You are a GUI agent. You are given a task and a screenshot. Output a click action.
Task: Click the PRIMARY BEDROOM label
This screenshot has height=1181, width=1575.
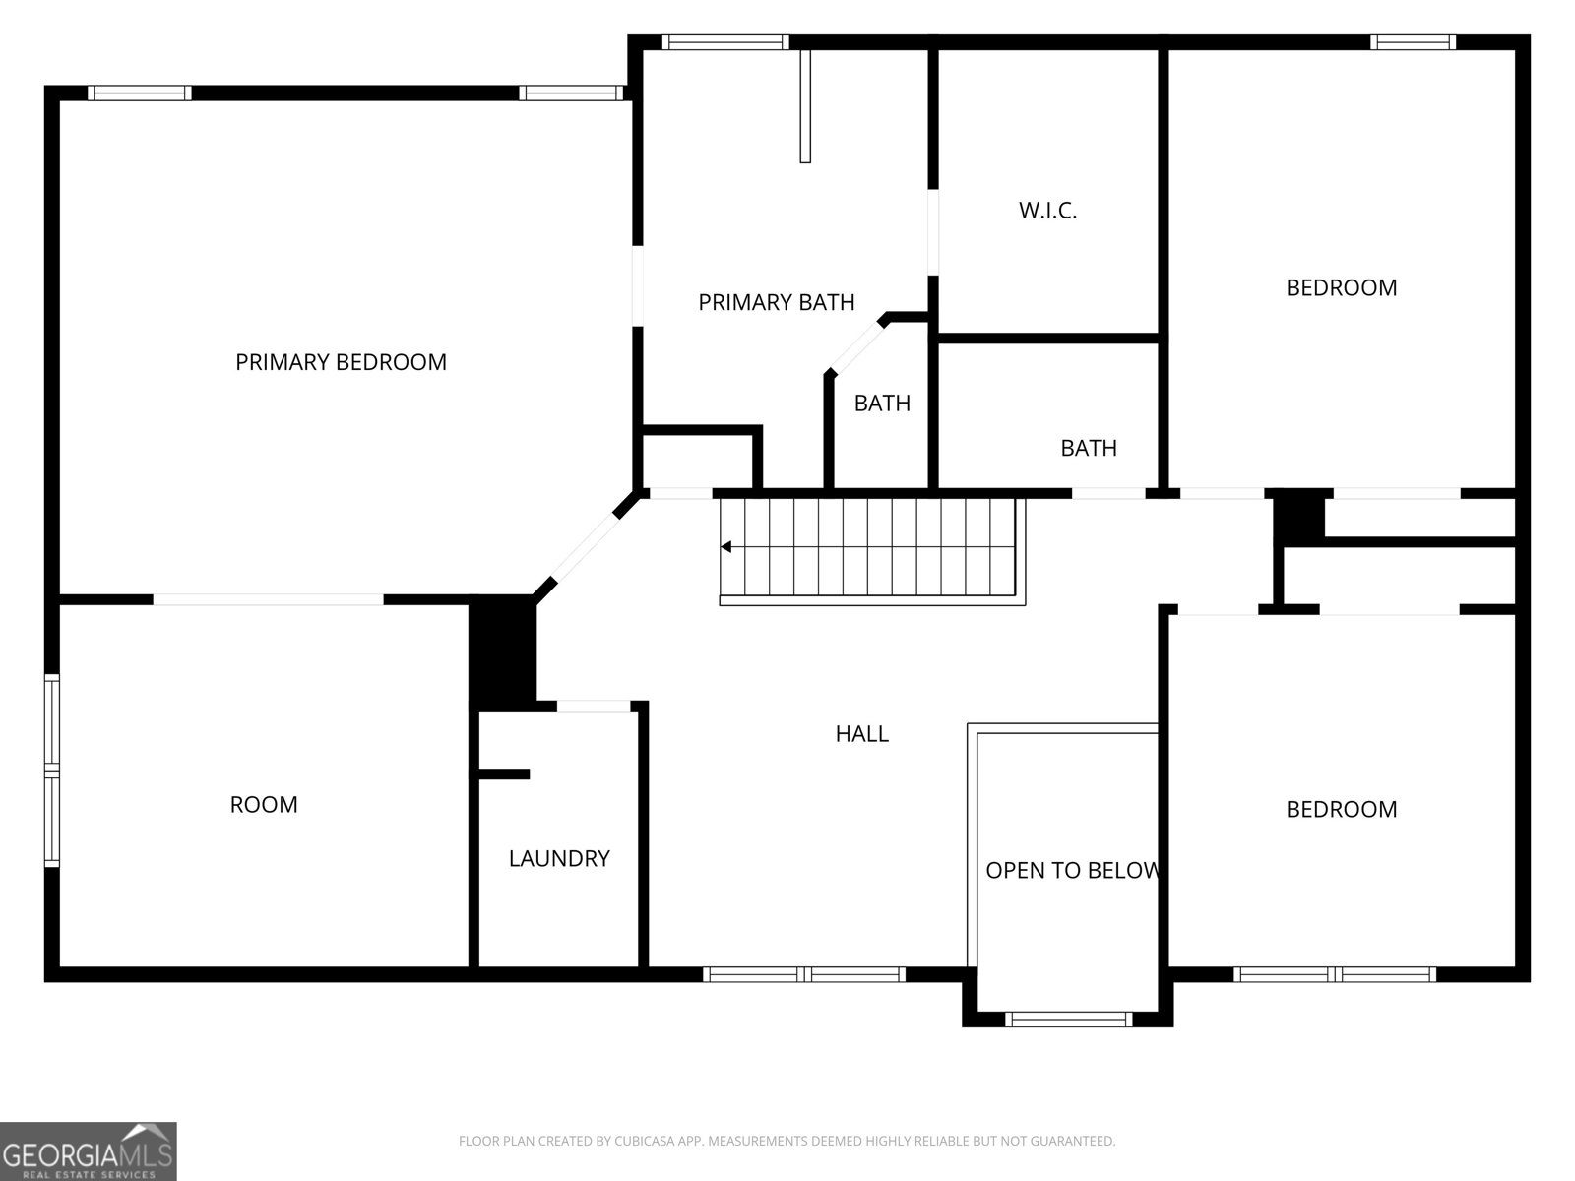[x=341, y=362]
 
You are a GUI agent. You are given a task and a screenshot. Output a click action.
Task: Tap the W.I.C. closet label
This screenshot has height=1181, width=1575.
[x=1047, y=210]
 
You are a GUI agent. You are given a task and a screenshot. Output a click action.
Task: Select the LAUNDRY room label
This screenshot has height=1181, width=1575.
[x=559, y=858]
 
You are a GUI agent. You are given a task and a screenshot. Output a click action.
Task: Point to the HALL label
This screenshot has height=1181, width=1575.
[x=861, y=733]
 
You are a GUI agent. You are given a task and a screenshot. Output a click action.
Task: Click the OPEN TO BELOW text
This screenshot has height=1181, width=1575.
[x=1071, y=870]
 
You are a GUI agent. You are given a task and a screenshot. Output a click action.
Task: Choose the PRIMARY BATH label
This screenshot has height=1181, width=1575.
[x=776, y=302]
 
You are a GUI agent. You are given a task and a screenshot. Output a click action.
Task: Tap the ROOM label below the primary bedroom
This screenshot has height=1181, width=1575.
[x=264, y=804]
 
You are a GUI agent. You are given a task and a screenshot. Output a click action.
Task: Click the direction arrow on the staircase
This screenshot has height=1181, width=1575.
[x=726, y=547]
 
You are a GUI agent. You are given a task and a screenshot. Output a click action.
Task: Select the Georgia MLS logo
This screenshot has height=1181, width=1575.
[x=89, y=1150]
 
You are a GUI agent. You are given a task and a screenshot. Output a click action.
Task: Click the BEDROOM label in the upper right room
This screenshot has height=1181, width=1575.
[x=1341, y=287]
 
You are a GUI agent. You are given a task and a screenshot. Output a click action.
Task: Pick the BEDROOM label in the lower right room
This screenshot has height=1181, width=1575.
[x=1341, y=809]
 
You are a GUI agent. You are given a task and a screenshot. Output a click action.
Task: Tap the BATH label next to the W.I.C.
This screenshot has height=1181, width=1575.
[x=1088, y=448]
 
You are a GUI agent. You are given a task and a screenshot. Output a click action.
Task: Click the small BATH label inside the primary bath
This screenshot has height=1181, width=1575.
[x=882, y=403]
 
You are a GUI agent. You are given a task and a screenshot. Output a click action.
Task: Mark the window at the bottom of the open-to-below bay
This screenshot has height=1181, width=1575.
[x=1068, y=1020]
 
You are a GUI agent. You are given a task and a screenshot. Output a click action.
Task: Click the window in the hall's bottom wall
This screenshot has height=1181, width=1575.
[x=804, y=974]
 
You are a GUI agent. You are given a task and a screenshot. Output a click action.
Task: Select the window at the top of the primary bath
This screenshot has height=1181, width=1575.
[x=725, y=42]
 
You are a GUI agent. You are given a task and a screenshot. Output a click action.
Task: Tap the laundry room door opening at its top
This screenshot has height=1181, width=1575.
[x=594, y=706]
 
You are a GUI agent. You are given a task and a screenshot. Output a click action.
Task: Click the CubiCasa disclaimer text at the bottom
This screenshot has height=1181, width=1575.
[x=787, y=1141]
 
